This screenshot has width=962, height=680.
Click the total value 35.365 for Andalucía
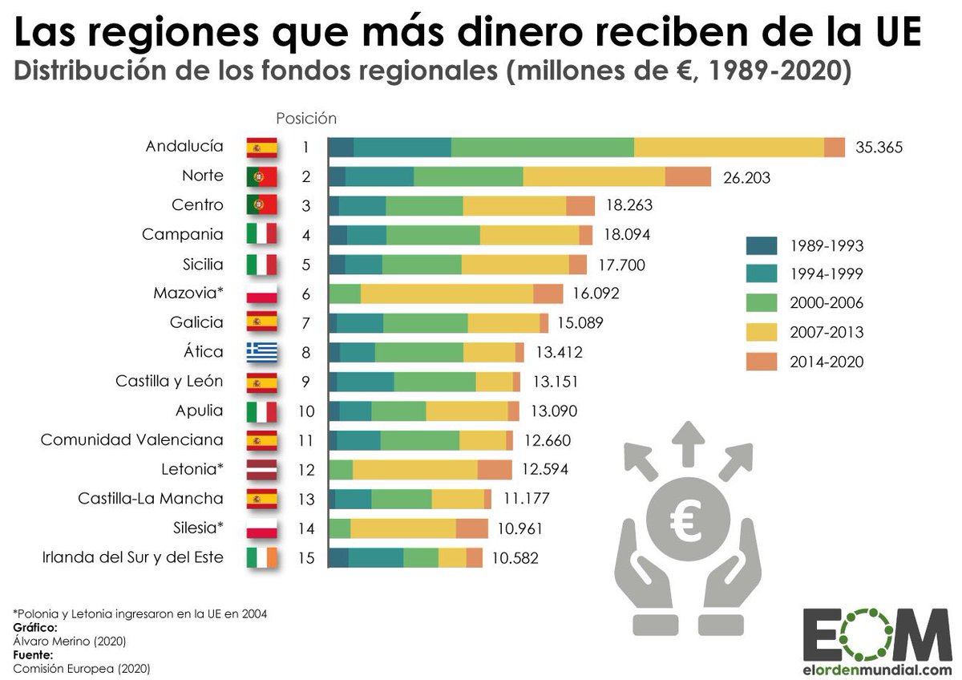coord(879,148)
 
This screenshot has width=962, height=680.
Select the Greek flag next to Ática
coord(261,352)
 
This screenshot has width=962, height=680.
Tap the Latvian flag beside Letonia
coord(261,470)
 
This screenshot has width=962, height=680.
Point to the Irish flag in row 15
coord(261,557)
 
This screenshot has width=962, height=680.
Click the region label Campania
coord(182,235)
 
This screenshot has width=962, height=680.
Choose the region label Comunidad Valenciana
coord(131,440)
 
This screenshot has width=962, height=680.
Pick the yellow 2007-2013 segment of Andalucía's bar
coord(729,148)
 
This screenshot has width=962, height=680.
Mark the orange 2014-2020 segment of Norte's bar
coord(688,176)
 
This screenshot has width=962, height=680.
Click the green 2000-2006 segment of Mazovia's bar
coord(345,293)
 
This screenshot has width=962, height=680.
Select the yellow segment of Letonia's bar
coord(414,470)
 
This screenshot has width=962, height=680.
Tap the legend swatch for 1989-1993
coord(761,245)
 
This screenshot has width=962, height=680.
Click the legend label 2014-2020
coord(826,362)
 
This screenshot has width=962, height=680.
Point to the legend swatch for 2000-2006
coord(761,303)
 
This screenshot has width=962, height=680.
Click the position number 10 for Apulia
coord(306,411)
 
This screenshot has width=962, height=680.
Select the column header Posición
coord(306,118)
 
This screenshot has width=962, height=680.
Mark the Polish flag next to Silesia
coord(261,528)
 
